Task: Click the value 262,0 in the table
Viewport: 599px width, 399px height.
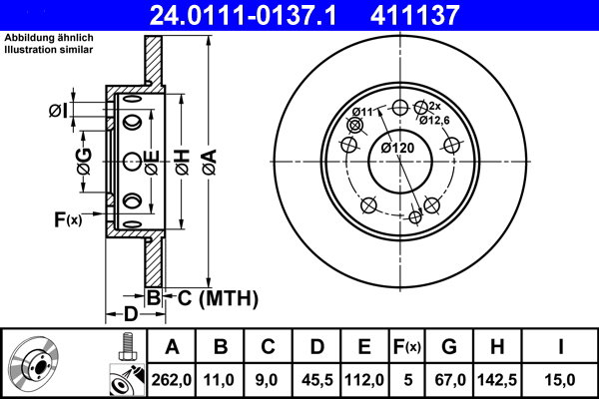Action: point(173,378)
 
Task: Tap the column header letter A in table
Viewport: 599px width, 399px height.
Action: point(172,347)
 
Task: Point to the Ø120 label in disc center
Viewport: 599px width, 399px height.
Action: point(397,149)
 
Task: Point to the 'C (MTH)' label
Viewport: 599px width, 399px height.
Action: point(218,297)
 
